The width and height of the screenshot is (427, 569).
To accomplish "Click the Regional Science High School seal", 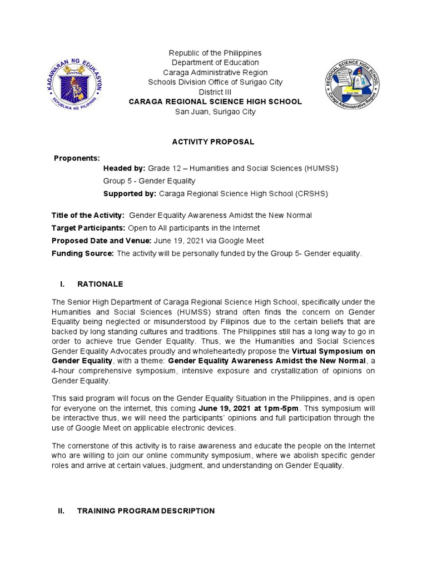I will tap(352, 84).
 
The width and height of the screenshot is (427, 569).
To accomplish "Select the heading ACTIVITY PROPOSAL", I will tap(213, 142).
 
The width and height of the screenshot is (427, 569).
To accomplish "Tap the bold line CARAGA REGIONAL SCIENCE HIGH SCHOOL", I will tap(215, 102).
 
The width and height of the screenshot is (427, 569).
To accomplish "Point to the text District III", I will tap(215, 92).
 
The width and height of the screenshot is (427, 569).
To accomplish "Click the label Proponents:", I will tap(77, 158).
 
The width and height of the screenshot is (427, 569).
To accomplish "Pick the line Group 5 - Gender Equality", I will tap(149, 181).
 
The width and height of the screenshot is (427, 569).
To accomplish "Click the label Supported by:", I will tap(130, 194).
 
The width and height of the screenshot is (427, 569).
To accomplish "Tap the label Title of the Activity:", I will tap(88, 215).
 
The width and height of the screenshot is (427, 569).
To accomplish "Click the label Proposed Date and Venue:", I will tap(101, 241).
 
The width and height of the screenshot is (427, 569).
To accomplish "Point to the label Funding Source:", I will tap(83, 253).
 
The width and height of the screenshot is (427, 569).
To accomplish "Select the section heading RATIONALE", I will tap(100, 284).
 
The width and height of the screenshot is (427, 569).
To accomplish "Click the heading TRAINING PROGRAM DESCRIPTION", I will tap(146, 511).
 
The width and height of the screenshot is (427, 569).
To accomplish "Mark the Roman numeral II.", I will tap(62, 511).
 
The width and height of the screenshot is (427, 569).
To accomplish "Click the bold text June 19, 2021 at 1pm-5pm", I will tap(248, 408).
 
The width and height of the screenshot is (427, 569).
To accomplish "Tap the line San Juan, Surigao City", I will tap(215, 112).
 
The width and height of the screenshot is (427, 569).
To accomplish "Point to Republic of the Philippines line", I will tap(215, 53).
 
